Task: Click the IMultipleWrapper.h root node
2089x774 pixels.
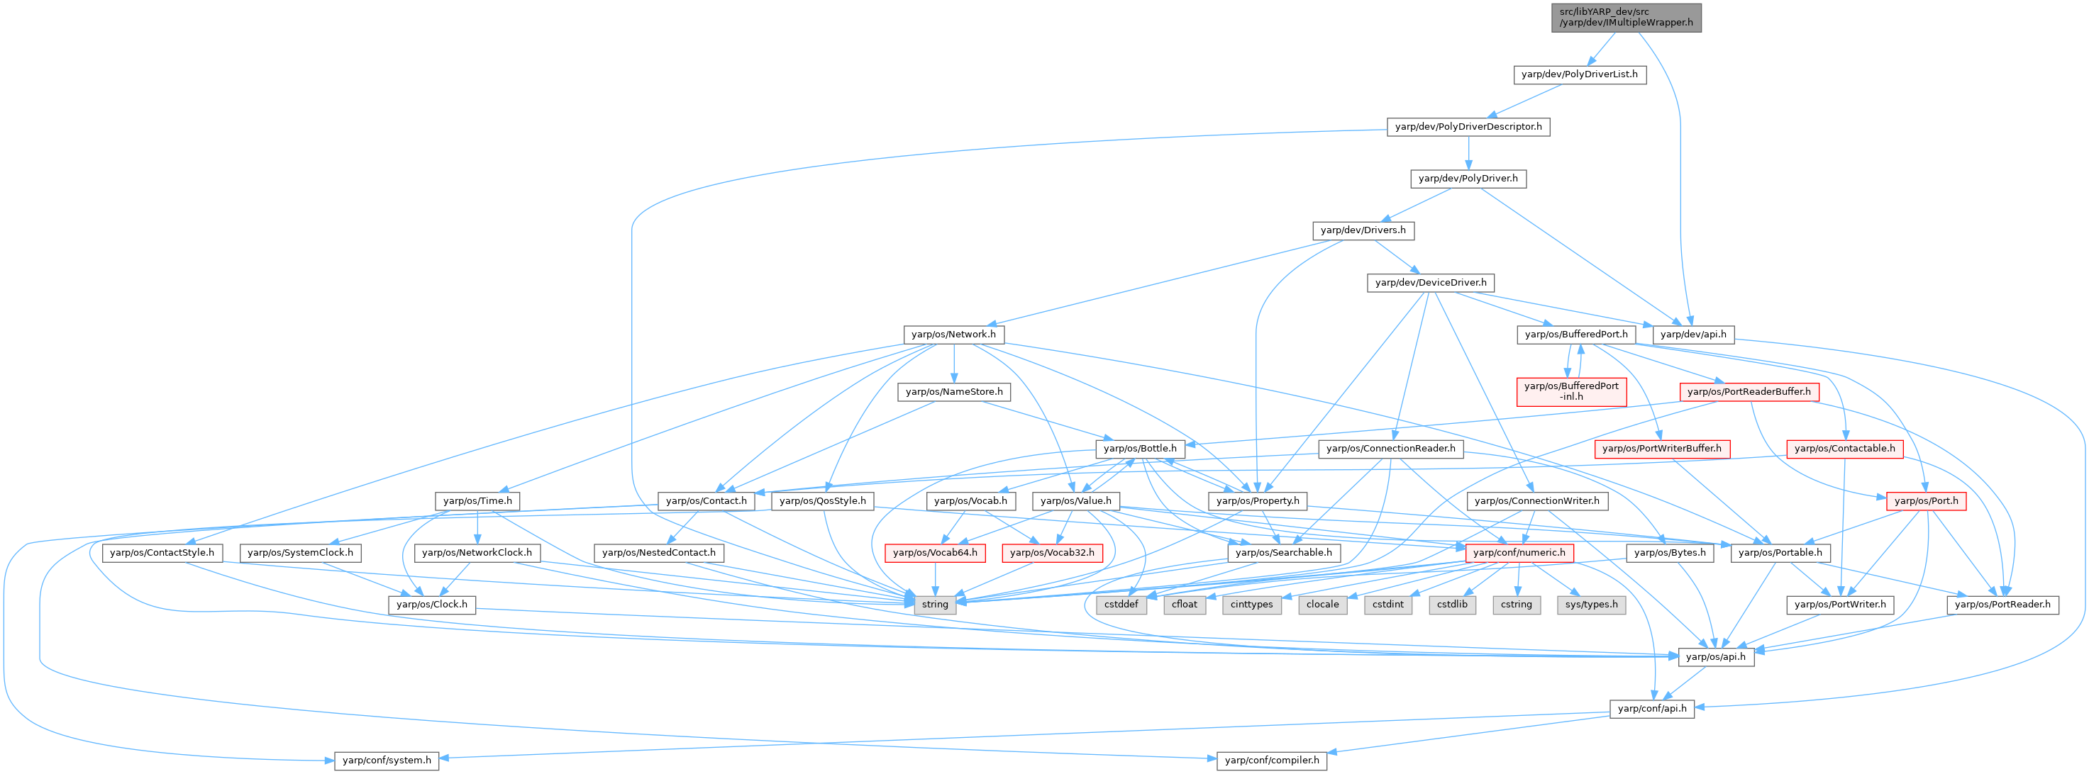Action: pos(1626,17)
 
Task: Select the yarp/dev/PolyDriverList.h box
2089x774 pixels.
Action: pos(1579,74)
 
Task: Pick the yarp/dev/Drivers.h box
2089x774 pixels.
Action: pos(1363,230)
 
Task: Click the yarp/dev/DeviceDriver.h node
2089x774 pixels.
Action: pos(1431,283)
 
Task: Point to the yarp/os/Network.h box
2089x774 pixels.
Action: pos(953,334)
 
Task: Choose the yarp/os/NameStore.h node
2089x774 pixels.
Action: pos(953,391)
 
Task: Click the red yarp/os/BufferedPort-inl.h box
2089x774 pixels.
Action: pos(1570,391)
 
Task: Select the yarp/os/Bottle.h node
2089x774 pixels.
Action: pos(1139,448)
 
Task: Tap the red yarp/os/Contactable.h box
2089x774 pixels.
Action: pos(1844,448)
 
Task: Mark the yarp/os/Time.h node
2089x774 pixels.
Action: pos(477,501)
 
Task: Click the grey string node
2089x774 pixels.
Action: pos(934,605)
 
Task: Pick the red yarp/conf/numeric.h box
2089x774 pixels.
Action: pos(1519,553)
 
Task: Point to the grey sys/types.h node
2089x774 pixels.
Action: pos(1591,605)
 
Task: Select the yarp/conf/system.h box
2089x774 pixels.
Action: pos(386,761)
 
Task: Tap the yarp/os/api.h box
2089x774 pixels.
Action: pos(1715,656)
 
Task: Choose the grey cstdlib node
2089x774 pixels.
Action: pos(1451,605)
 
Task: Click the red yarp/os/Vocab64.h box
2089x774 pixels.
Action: pos(934,553)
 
